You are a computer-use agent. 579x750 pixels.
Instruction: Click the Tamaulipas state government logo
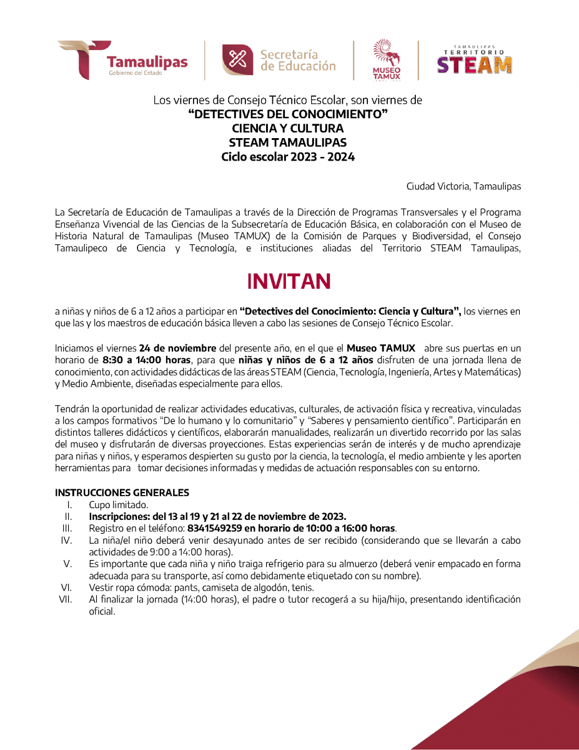[x=123, y=61]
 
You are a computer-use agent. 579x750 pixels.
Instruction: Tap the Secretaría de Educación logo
[x=279, y=61]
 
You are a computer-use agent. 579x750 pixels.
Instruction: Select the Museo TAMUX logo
[x=387, y=60]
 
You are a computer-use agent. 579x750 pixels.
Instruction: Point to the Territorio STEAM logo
[x=474, y=60]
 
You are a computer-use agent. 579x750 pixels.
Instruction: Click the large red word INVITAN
[x=289, y=282]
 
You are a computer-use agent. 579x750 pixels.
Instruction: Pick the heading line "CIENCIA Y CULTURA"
[x=288, y=129]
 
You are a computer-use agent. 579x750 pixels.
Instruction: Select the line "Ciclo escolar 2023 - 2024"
[x=288, y=157]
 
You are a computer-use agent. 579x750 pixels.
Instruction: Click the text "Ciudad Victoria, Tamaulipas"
[x=463, y=186]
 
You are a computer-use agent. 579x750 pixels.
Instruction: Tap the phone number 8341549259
[x=215, y=528]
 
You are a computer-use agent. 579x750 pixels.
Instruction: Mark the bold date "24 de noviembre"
[x=178, y=348]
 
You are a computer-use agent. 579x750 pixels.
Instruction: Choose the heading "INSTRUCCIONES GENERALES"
[x=122, y=493]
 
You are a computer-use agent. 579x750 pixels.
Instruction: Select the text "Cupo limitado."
[x=110, y=505]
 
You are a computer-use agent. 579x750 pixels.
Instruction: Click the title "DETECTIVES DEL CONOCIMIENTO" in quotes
[x=288, y=114]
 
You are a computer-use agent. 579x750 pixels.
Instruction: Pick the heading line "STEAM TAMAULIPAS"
[x=288, y=143]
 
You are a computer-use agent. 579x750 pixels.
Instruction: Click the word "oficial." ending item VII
[x=102, y=611]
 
